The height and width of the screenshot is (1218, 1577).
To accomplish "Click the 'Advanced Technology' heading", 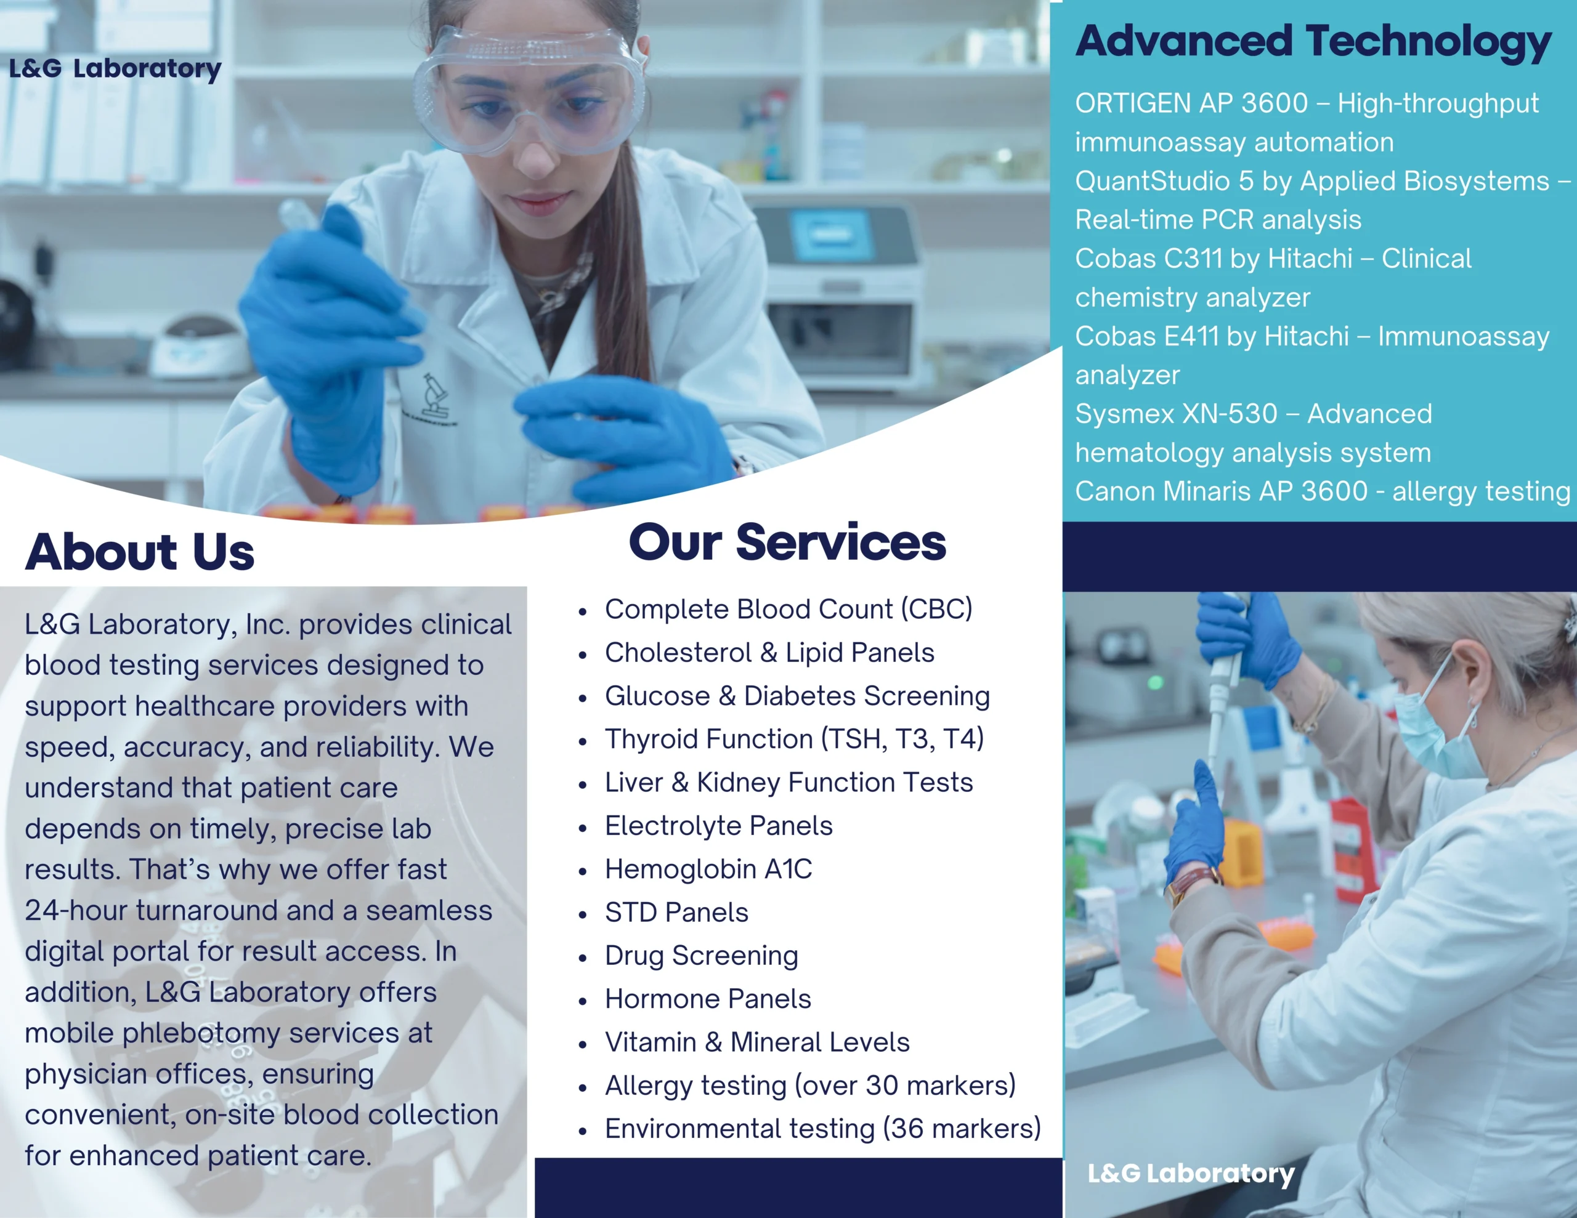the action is point(1313,42).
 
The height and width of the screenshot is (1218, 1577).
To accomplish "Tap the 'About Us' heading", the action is point(140,552).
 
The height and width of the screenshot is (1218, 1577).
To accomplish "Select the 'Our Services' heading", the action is point(787,542).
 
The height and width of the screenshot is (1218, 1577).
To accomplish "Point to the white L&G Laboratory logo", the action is point(1191,1174).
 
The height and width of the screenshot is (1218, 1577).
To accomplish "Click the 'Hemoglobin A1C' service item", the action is point(708,869).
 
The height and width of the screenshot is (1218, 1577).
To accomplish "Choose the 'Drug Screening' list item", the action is point(701,956).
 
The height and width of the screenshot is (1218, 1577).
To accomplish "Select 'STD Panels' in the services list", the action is point(676,913).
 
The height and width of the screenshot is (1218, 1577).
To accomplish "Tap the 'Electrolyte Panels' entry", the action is point(718,826).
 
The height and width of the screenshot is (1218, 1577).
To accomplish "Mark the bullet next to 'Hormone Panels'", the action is point(583,1002).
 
